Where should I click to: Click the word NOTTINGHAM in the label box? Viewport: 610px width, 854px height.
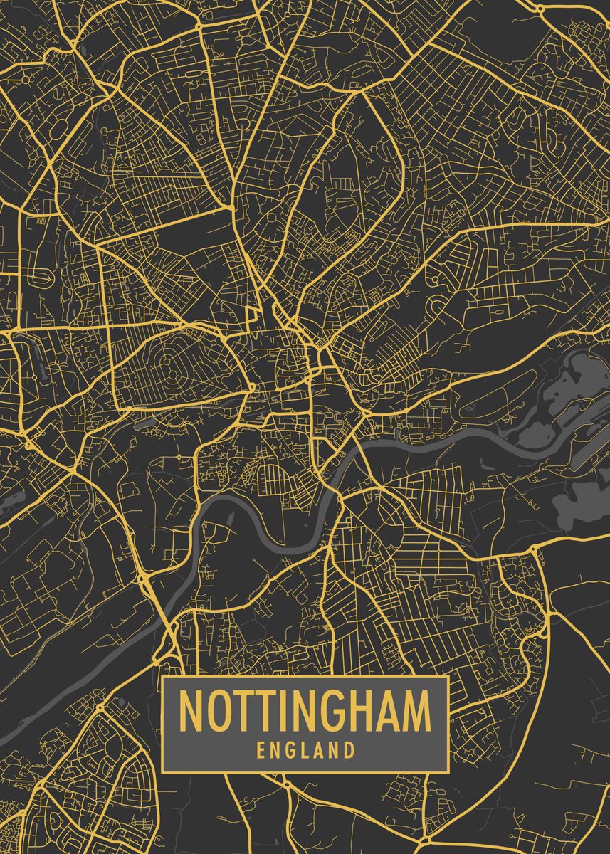click(x=305, y=711)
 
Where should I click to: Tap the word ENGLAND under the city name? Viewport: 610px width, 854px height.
click(x=305, y=750)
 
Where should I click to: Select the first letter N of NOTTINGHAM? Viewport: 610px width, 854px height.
click(x=191, y=711)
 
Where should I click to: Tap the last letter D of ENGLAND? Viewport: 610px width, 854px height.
click(x=349, y=750)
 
